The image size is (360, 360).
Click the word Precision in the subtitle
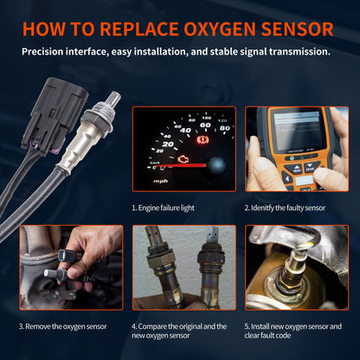tap(45, 52)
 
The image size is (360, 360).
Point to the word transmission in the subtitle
tap(298, 52)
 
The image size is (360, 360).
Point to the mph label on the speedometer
tap(161, 182)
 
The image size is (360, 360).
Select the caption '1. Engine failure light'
tap(169, 209)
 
